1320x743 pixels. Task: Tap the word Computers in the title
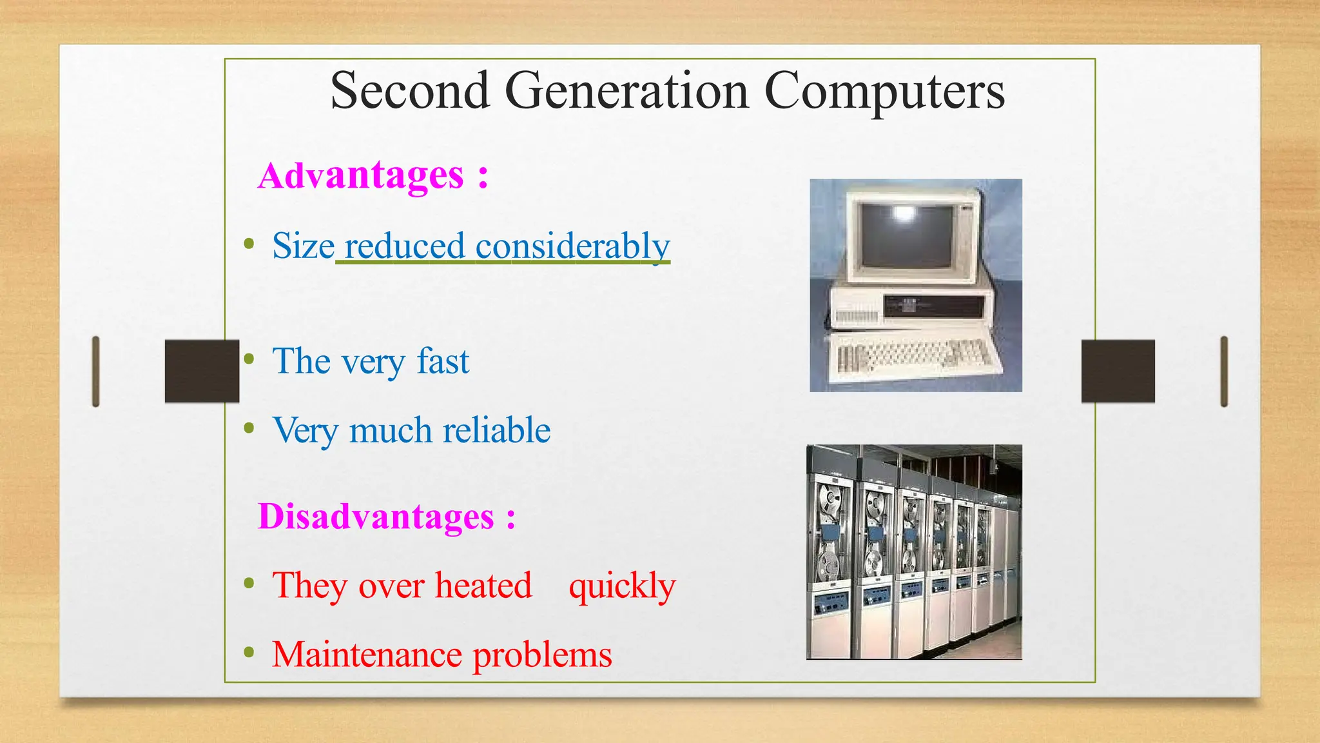(x=884, y=91)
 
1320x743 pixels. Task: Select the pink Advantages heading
(x=361, y=175)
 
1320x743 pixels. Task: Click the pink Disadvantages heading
(x=376, y=517)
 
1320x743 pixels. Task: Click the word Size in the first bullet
(x=303, y=246)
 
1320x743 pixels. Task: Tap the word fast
(x=443, y=361)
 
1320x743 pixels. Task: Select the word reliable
(x=496, y=430)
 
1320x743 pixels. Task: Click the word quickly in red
(x=622, y=586)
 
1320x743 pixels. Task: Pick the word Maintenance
(x=366, y=655)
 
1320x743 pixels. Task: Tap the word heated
(x=483, y=586)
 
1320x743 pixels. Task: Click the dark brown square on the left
(x=202, y=371)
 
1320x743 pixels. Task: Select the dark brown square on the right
(x=1118, y=371)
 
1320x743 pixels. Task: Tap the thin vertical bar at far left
(x=96, y=371)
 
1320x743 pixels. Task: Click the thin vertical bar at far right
(x=1224, y=371)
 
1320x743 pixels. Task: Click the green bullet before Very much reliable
(x=249, y=428)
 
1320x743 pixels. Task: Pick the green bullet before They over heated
(x=249, y=584)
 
